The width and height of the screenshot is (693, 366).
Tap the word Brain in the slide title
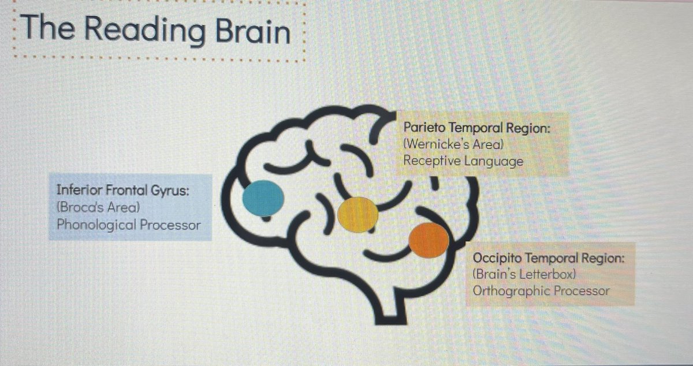(253, 31)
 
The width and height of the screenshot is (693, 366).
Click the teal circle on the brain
(263, 199)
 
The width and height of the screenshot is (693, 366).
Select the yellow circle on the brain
(357, 214)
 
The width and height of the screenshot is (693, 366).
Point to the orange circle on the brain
(429, 240)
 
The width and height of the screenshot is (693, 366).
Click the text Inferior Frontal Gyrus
(123, 191)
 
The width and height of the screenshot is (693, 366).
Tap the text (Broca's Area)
(98, 207)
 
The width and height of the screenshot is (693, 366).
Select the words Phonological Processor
(129, 225)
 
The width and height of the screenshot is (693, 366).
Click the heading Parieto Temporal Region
(477, 128)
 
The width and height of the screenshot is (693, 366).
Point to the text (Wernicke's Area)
(453, 144)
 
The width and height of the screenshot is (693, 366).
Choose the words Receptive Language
(463, 161)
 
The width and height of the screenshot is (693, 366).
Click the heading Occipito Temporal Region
(549, 258)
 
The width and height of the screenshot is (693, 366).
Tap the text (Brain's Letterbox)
(524, 274)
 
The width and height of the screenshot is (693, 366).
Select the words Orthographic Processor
(541, 291)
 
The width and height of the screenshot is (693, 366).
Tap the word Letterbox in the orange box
(547, 274)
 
